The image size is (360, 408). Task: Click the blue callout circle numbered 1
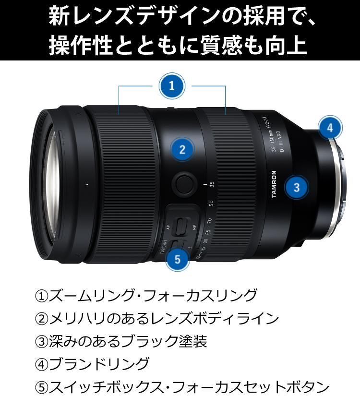[x=172, y=86]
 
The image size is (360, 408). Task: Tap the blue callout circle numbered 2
[x=182, y=149]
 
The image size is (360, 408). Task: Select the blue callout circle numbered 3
[x=297, y=187]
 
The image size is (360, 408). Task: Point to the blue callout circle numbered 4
[x=329, y=128]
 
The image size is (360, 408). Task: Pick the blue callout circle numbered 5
[x=178, y=260]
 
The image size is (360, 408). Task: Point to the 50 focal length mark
[x=211, y=204]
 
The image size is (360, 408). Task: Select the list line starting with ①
[x=146, y=295]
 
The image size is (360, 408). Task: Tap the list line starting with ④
[x=92, y=364]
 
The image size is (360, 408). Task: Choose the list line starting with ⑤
[x=182, y=387]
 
